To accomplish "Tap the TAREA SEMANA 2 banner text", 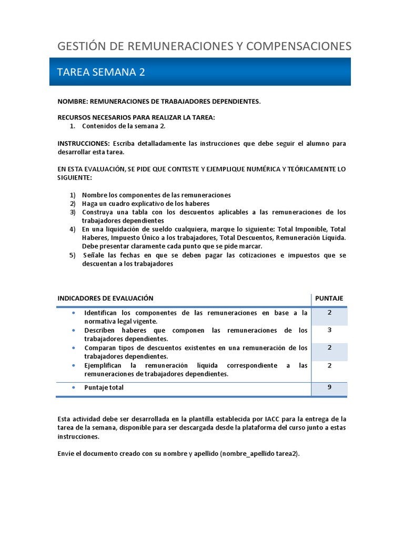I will click(x=100, y=72).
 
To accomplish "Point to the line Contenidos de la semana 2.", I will click(x=124, y=126).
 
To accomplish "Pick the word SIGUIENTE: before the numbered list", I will click(x=74, y=178).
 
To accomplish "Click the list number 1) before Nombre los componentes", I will click(x=73, y=195).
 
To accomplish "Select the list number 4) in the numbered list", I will click(x=73, y=229).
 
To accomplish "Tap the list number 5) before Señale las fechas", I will click(x=73, y=255).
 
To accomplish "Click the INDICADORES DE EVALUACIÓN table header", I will click(x=105, y=298).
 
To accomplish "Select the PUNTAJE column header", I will click(x=329, y=298).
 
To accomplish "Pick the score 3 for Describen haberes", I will click(x=329, y=330).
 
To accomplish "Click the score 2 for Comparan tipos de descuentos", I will click(x=329, y=347).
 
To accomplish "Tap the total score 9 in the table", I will click(x=329, y=387).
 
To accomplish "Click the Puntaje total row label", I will click(x=104, y=387).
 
